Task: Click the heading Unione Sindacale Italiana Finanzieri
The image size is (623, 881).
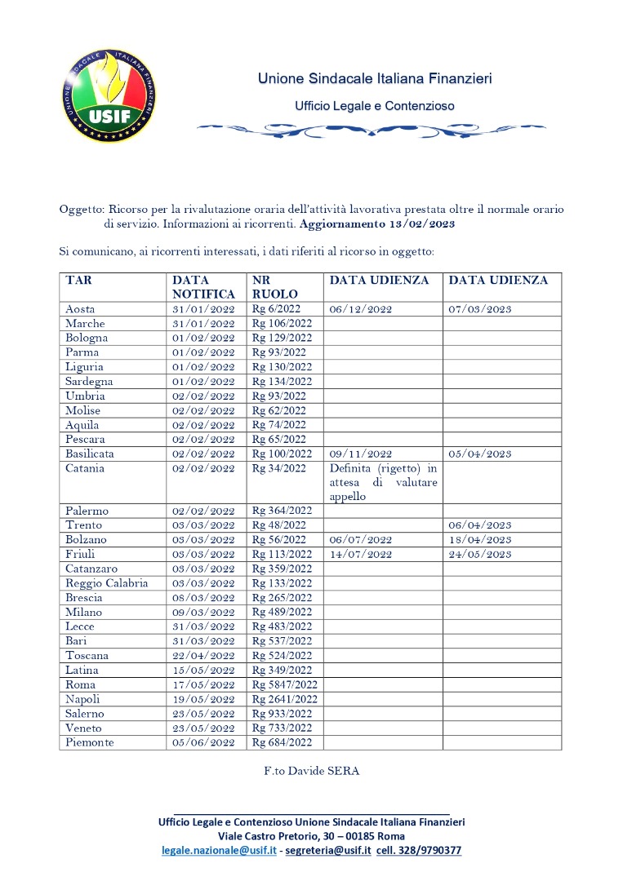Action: pyautogui.click(x=375, y=79)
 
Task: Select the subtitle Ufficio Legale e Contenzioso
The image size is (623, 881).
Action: pyautogui.click(x=375, y=106)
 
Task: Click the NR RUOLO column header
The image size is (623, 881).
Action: pyautogui.click(x=275, y=287)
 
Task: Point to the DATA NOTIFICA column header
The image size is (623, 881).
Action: pyautogui.click(x=203, y=287)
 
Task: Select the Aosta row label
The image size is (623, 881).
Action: pyautogui.click(x=80, y=309)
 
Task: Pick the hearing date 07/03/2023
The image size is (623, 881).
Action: pyautogui.click(x=480, y=309)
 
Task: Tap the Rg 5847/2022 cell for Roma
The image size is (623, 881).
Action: pyautogui.click(x=284, y=684)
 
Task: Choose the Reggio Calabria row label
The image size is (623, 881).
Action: pyautogui.click(x=106, y=583)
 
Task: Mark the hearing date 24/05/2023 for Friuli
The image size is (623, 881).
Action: pyautogui.click(x=480, y=555)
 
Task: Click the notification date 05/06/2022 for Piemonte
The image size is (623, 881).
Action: pyautogui.click(x=203, y=743)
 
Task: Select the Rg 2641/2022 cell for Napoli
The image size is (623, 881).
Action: pyautogui.click(x=284, y=699)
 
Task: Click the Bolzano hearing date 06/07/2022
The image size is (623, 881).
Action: pyautogui.click(x=361, y=540)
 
